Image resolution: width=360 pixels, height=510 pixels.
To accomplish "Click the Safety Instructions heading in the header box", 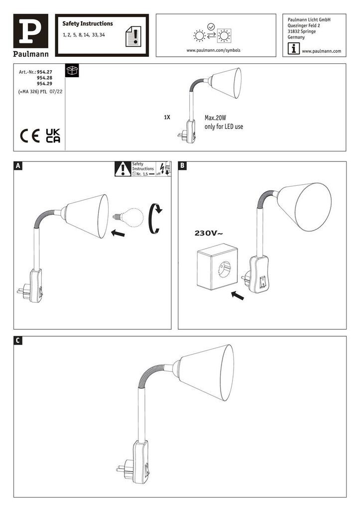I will click(x=88, y=23).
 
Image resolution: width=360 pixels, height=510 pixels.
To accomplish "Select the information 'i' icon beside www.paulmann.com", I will click(x=294, y=49).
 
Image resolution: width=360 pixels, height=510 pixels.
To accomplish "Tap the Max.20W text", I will click(x=216, y=119).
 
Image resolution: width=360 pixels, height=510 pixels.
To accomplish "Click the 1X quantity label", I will click(x=167, y=118).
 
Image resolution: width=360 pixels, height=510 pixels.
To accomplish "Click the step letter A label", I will click(x=18, y=166).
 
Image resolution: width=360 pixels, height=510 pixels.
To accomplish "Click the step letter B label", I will click(x=183, y=166).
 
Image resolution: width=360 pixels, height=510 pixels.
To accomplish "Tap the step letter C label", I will click(x=18, y=341).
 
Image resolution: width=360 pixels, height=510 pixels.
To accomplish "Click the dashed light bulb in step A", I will click(x=130, y=217).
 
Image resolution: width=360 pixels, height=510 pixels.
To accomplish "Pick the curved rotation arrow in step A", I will click(x=156, y=218).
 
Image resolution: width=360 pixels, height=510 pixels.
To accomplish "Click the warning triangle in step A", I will click(x=122, y=169).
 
